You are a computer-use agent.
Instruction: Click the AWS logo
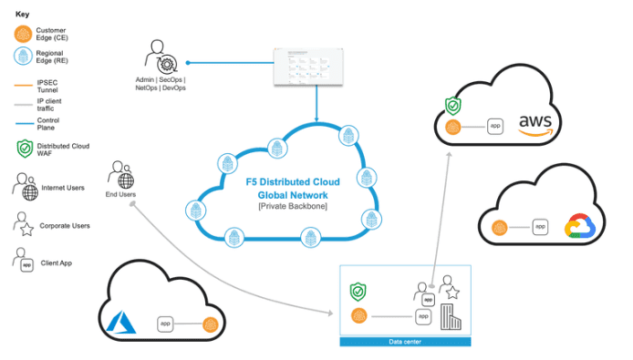tap(535, 124)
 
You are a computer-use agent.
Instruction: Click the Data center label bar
tap(405, 342)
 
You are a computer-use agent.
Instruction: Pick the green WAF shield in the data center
tap(358, 293)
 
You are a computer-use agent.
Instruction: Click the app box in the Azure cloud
tap(166, 323)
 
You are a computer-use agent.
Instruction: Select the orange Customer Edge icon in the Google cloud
tap(499, 227)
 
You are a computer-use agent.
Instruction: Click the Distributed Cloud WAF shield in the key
tap(24, 149)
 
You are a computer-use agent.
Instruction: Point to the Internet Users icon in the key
tap(26, 189)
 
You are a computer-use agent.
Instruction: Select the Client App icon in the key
tap(24, 261)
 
